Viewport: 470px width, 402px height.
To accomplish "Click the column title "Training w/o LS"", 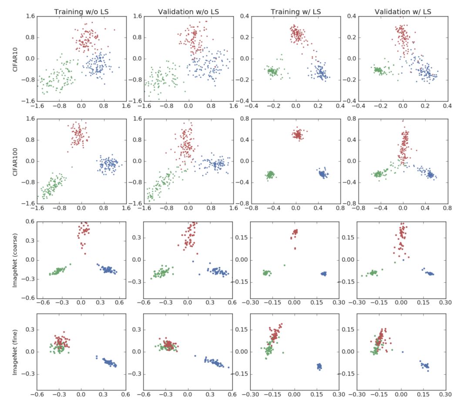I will click(x=81, y=10).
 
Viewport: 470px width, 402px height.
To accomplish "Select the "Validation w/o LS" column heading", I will click(x=188, y=10).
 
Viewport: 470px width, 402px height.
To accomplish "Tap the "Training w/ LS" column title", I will click(x=295, y=10).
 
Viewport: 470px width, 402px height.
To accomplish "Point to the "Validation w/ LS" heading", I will click(x=402, y=10).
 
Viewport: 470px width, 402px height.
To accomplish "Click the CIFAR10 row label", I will click(x=17, y=58).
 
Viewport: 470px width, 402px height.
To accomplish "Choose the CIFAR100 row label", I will click(x=17, y=161).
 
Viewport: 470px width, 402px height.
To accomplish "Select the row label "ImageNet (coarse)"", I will click(x=17, y=259).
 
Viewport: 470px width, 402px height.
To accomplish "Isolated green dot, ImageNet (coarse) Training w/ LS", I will click(x=285, y=265).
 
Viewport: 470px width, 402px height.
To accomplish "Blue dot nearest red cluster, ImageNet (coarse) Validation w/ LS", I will click(x=403, y=260).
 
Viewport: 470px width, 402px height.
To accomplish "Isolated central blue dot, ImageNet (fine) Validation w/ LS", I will click(x=403, y=352).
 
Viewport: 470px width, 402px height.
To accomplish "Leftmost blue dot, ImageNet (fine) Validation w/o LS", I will click(x=195, y=355).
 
